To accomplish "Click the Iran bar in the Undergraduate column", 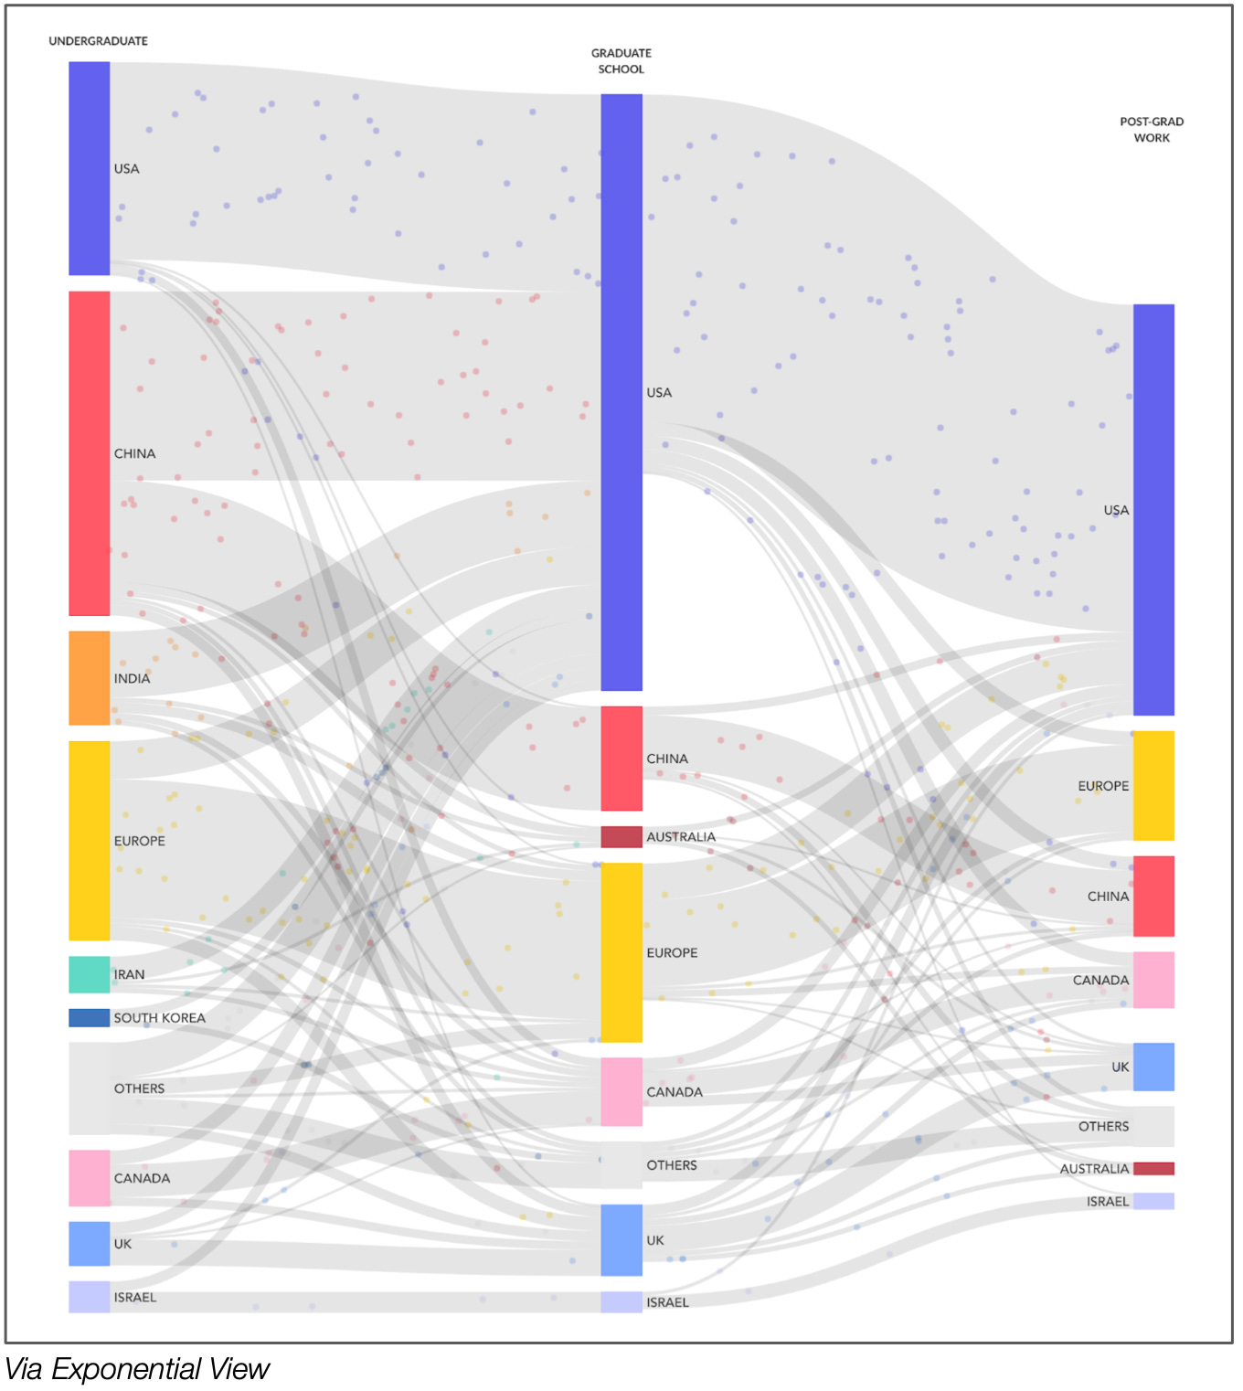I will pos(89,974).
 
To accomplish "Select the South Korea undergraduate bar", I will pos(89,1017).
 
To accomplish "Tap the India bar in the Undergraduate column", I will pos(89,677).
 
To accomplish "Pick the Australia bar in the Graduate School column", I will pos(621,836).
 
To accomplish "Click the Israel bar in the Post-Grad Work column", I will pos(1153,1201).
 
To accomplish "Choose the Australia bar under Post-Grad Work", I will pos(1153,1168).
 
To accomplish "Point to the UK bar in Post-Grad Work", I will pos(1153,1067).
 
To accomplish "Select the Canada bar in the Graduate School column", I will pos(621,1091).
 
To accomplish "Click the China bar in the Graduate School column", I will pos(621,758).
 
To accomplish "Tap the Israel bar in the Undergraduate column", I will pos(89,1296).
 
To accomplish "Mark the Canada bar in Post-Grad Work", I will pos(1153,980).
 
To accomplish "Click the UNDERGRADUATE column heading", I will pos(98,41).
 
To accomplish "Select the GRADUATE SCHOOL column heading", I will pos(621,61).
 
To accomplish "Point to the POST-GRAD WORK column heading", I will pos(1152,130).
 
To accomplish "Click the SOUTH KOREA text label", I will pos(159,1018).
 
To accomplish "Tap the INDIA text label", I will pos(132,678).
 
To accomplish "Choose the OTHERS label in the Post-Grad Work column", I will pos(1103,1127).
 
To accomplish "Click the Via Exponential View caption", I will pos(137,1369).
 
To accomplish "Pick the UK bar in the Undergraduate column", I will pos(89,1243).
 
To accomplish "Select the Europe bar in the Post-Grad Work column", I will pos(1153,785).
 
